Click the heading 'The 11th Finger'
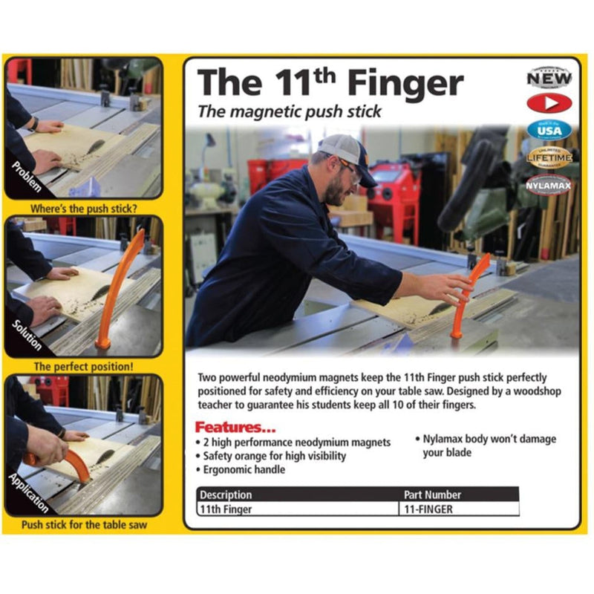[x=330, y=82]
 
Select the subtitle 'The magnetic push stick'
[x=289, y=111]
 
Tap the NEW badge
[x=549, y=76]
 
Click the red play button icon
[x=549, y=102]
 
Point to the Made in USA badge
[x=549, y=130]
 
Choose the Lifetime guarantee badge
[x=549, y=157]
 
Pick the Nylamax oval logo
[x=549, y=184]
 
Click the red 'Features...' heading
[x=235, y=428]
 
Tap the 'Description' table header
[x=226, y=495]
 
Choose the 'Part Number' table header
[x=432, y=495]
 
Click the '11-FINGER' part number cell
[x=428, y=509]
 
